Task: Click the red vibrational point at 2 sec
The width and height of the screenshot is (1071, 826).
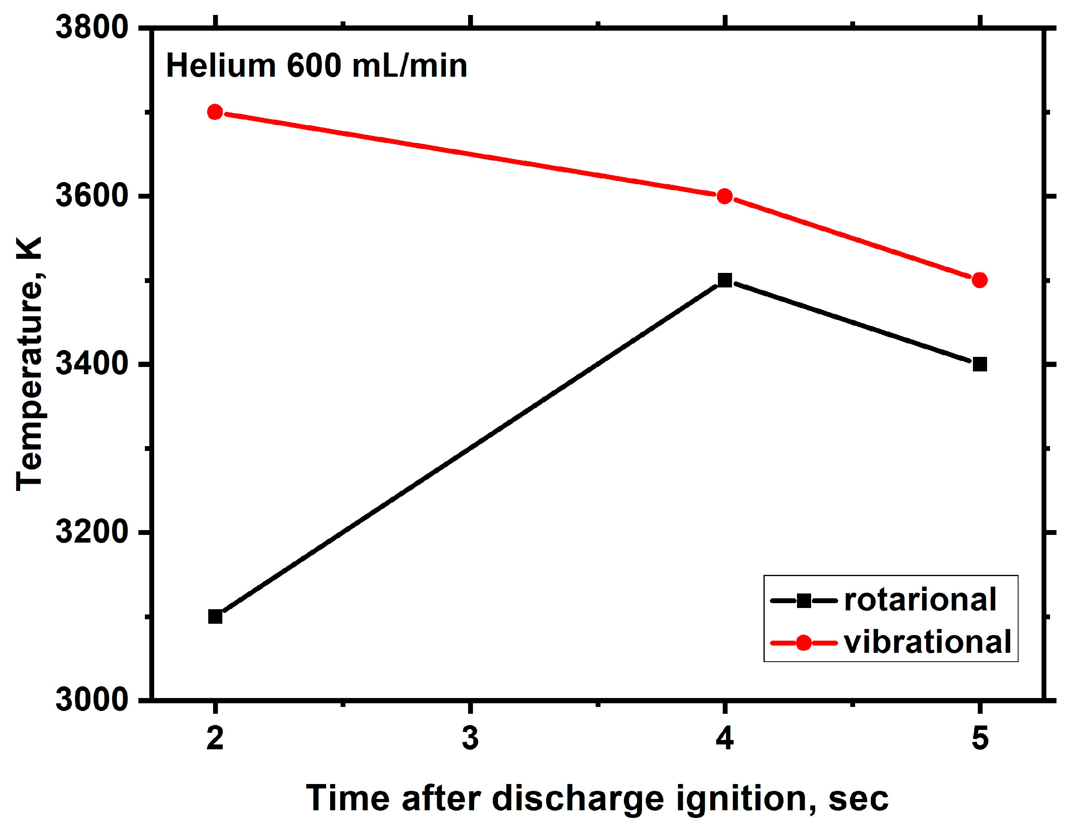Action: tap(215, 112)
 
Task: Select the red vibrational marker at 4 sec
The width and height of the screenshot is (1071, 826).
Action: tap(724, 197)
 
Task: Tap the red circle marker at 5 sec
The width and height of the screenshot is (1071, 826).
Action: tap(979, 280)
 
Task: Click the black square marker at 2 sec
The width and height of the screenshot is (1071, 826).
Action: tap(215, 616)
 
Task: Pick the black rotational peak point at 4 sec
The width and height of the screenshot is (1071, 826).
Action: tap(724, 280)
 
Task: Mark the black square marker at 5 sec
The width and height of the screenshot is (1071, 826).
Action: tap(979, 365)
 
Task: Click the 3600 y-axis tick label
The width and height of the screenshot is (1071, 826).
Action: tap(92, 195)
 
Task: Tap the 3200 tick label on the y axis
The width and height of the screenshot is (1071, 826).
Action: tap(92, 532)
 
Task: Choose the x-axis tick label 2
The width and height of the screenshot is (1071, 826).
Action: tap(215, 738)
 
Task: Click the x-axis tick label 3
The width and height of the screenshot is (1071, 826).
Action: tap(470, 738)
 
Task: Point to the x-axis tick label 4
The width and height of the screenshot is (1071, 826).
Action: tap(724, 738)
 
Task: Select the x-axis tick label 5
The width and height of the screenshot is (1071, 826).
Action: tap(979, 738)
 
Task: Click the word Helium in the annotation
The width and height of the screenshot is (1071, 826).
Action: tap(221, 66)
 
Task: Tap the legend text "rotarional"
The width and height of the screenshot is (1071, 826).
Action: tap(920, 600)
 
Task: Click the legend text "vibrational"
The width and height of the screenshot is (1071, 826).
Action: tap(927, 642)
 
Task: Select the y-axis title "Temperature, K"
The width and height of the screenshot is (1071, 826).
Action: tap(29, 363)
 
